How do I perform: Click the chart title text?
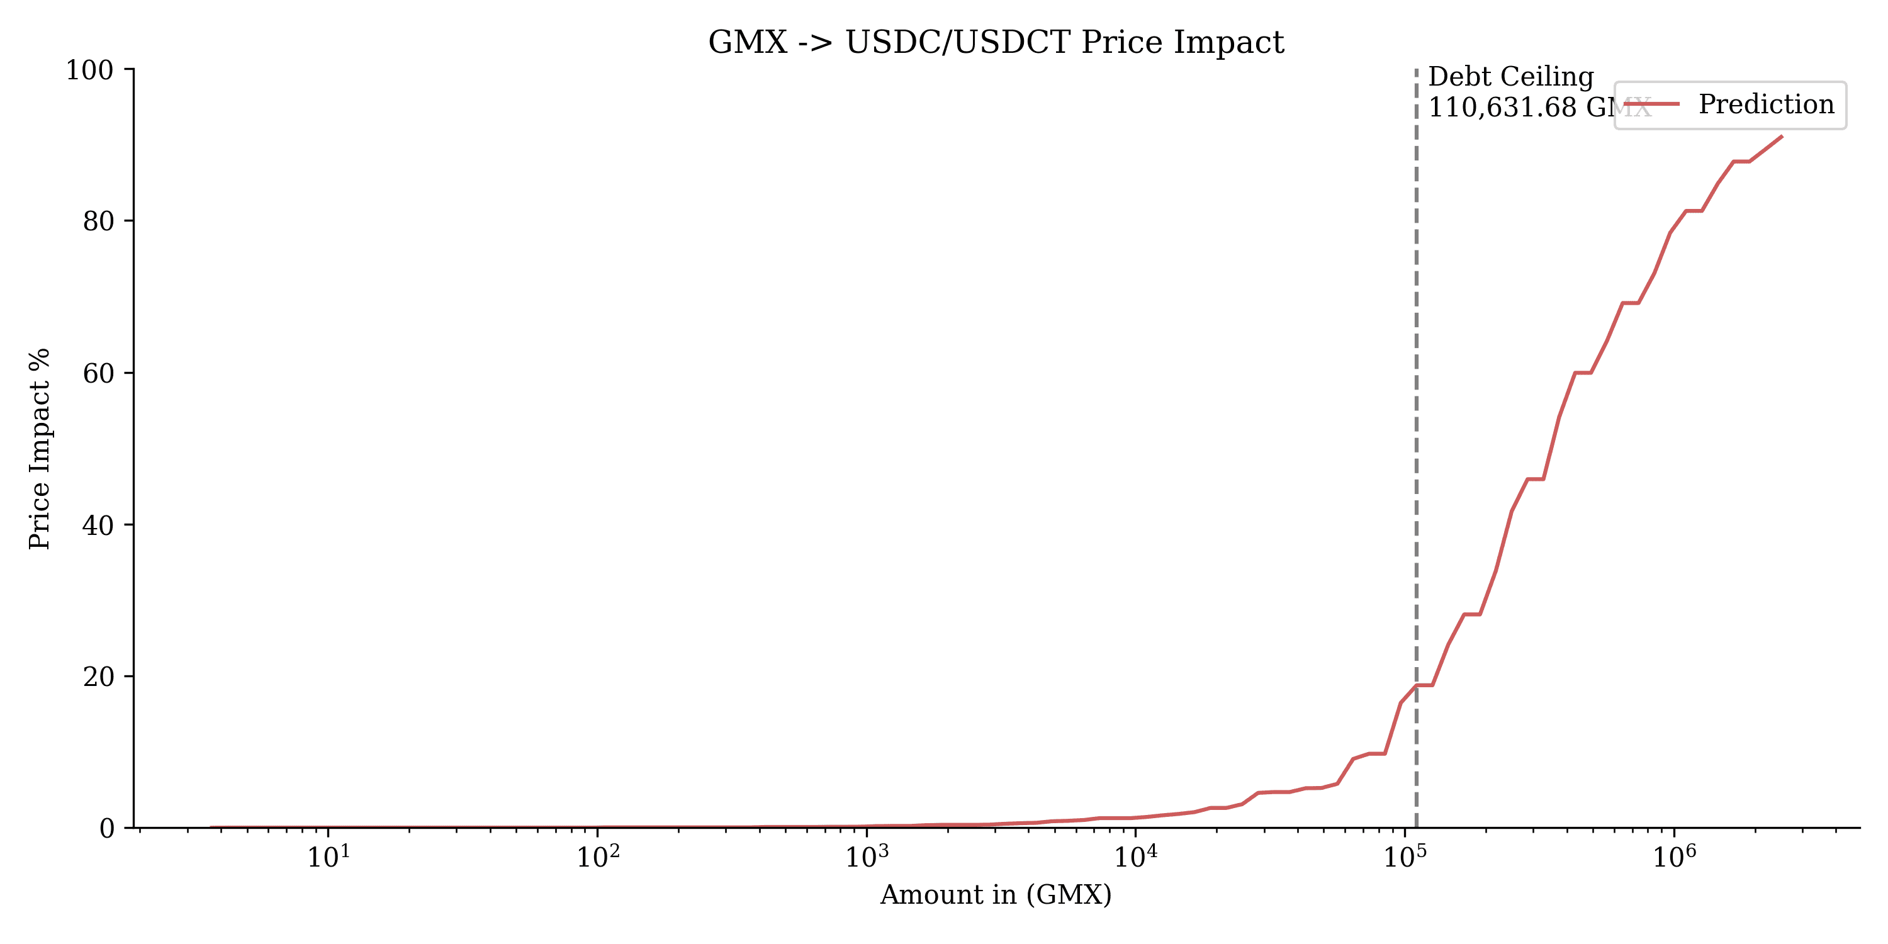click(996, 43)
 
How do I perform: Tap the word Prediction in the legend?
click(1767, 105)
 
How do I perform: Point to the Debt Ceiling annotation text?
click(1510, 77)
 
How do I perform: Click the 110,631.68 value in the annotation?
click(1501, 108)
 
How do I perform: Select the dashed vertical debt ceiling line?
click(1416, 440)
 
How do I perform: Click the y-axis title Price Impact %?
click(40, 449)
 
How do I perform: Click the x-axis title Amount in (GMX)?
click(996, 895)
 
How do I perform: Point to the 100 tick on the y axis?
click(89, 70)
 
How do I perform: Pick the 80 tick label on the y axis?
click(98, 222)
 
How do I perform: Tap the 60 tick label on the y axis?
click(98, 373)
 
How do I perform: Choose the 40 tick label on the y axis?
click(98, 525)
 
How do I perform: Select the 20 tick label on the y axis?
click(98, 677)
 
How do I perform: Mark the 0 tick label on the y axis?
click(107, 829)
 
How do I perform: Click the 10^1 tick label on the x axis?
click(328, 857)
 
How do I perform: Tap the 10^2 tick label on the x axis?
click(597, 857)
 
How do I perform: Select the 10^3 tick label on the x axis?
click(867, 857)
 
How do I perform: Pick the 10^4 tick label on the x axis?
click(1135, 857)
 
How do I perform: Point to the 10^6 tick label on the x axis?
click(1674, 857)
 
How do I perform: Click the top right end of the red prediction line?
click(1782, 137)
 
